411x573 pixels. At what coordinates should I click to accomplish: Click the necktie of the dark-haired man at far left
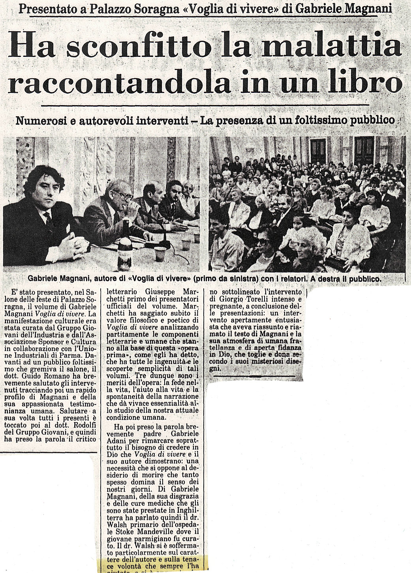coord(47,219)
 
